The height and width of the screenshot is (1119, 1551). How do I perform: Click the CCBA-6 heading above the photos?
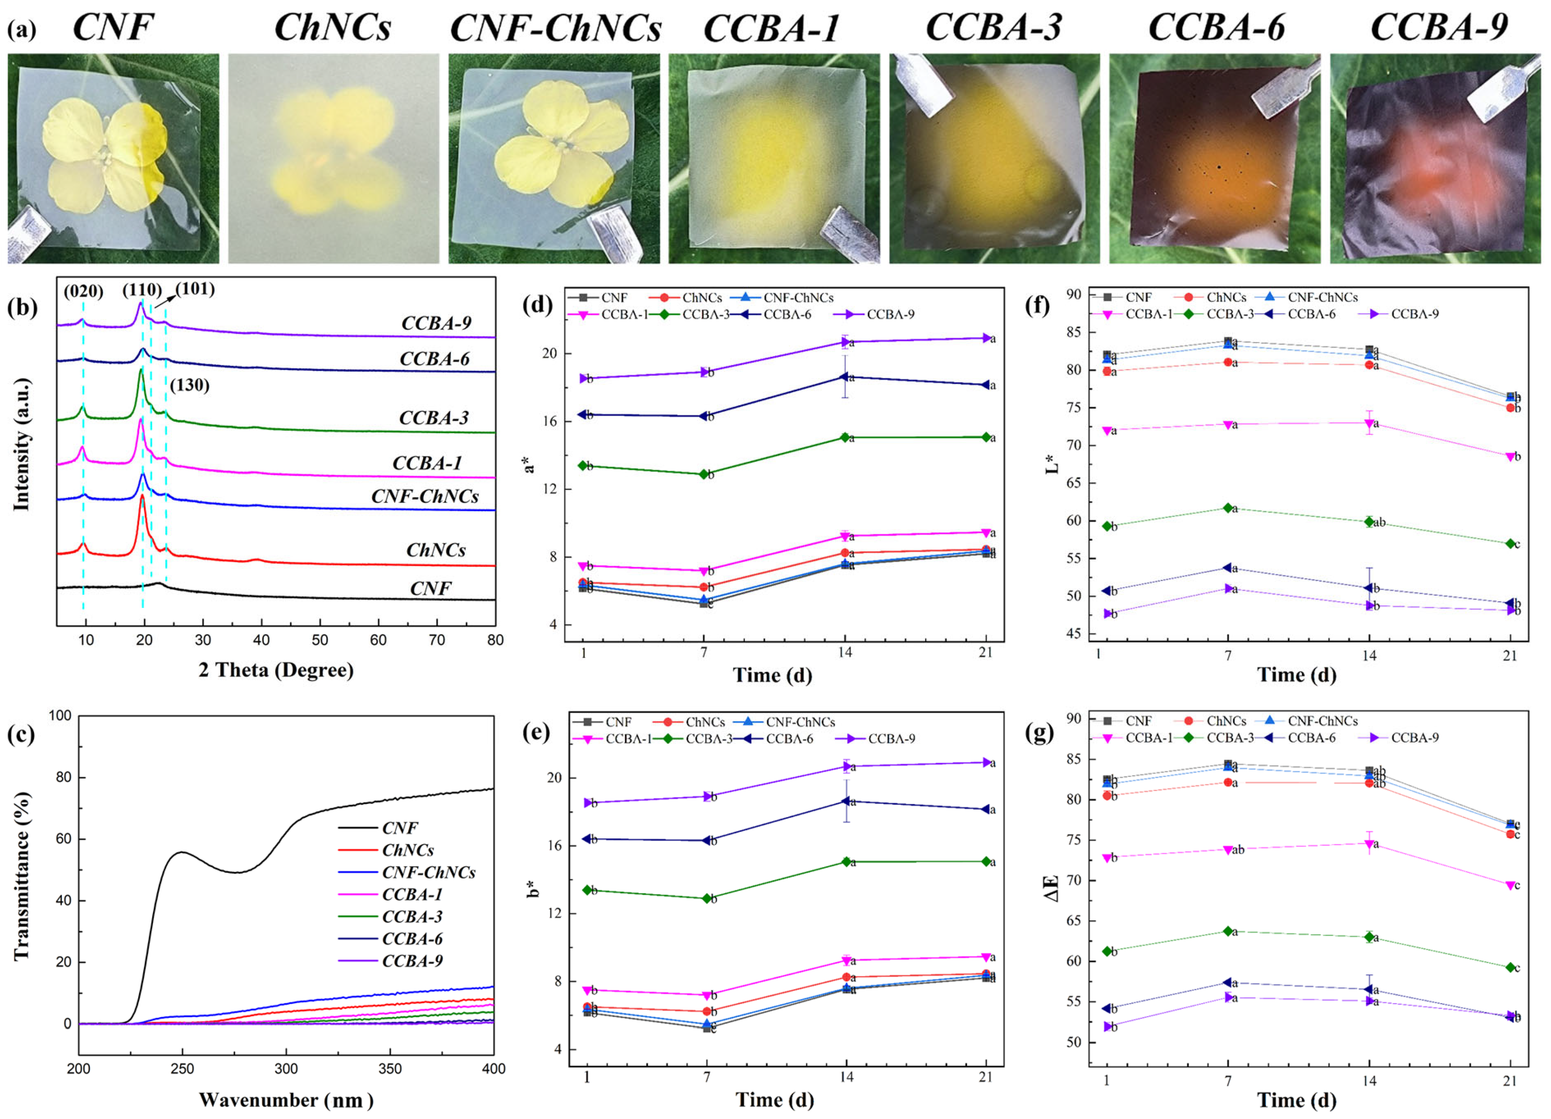(1216, 27)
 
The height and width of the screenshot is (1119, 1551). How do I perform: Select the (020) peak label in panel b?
(83, 292)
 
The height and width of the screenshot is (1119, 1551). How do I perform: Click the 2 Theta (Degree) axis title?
(276, 670)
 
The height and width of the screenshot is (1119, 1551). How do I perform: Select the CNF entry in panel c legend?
(399, 828)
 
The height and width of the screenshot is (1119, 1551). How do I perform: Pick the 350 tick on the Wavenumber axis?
(390, 1069)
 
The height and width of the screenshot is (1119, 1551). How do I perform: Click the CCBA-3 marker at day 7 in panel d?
(704, 474)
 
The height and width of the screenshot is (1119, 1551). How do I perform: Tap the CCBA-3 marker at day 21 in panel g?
(1510, 967)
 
